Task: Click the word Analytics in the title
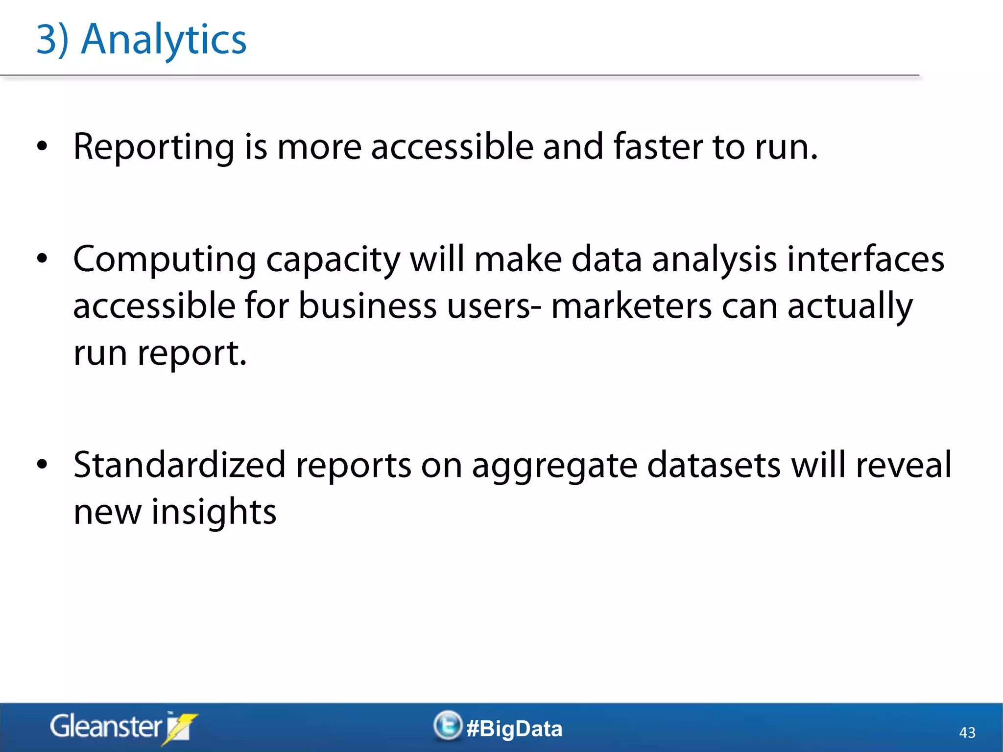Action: tap(164, 40)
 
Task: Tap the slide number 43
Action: tap(967, 732)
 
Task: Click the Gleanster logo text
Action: tap(106, 727)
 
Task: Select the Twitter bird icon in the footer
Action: tap(448, 726)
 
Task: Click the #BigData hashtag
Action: tap(514, 728)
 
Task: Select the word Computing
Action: tap(165, 259)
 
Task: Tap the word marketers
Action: tap(631, 306)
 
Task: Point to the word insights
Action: tap(214, 512)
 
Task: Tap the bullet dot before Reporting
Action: tap(43, 146)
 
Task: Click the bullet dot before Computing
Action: tap(43, 258)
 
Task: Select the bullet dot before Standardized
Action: tap(43, 464)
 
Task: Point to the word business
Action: tap(367, 306)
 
